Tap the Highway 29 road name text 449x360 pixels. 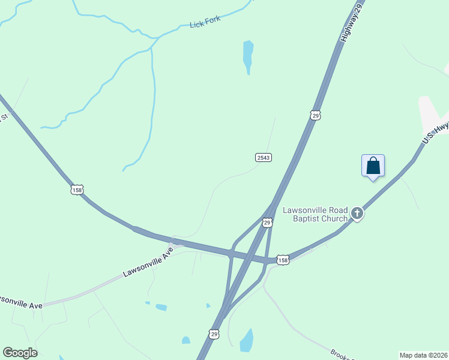click(x=352, y=22)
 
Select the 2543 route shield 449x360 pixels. click(x=264, y=157)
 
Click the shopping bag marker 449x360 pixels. click(x=373, y=165)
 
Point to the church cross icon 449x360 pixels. click(x=357, y=214)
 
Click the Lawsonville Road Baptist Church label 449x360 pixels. click(x=315, y=214)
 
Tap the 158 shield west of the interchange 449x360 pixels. click(x=76, y=190)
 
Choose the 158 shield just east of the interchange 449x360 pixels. click(x=283, y=260)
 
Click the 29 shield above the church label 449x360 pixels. click(x=267, y=223)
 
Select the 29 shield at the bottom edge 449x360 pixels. click(x=214, y=333)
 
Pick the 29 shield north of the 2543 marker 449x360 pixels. click(x=315, y=115)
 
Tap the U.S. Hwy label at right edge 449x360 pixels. click(x=435, y=131)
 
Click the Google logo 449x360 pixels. click(x=20, y=353)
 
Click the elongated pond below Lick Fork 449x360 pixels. click(x=248, y=55)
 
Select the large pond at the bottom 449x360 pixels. click(x=247, y=340)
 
